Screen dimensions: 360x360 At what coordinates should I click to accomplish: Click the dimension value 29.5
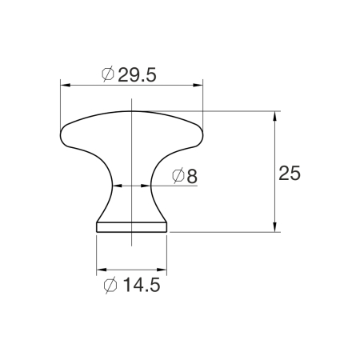click(x=137, y=74)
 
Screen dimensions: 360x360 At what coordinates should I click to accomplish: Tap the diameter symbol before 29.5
click(x=109, y=74)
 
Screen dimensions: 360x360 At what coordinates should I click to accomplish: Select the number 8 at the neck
click(x=191, y=176)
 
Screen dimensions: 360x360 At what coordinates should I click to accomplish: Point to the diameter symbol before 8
click(x=178, y=176)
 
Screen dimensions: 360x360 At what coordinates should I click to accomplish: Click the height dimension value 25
click(x=290, y=174)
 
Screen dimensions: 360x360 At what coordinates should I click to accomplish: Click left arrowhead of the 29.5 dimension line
click(x=65, y=83)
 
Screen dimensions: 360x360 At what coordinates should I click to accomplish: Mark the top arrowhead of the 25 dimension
click(x=276, y=114)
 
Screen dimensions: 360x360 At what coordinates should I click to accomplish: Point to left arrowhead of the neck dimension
click(x=115, y=185)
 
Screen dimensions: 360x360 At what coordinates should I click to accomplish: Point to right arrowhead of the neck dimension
click(x=146, y=185)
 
